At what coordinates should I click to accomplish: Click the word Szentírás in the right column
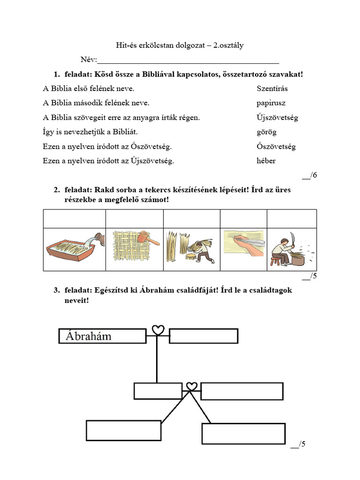tap(272, 89)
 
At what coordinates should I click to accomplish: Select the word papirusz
tap(271, 103)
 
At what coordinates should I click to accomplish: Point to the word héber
tap(266, 161)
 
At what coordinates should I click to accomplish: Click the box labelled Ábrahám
tap(102, 336)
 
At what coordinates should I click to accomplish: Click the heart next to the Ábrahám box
tap(158, 330)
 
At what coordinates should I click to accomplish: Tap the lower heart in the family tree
tap(191, 386)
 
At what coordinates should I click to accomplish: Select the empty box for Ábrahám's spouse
tap(203, 336)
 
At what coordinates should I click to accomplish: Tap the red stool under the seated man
tap(276, 260)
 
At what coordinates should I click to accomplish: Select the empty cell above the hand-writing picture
tap(243, 218)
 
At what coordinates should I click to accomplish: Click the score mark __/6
tap(309, 175)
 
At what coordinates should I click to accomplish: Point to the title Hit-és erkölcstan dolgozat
tap(180, 45)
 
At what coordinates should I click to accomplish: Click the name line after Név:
tap(187, 60)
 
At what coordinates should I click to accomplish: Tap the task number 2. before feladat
tap(56, 190)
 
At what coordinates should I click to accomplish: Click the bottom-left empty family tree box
tap(124, 430)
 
